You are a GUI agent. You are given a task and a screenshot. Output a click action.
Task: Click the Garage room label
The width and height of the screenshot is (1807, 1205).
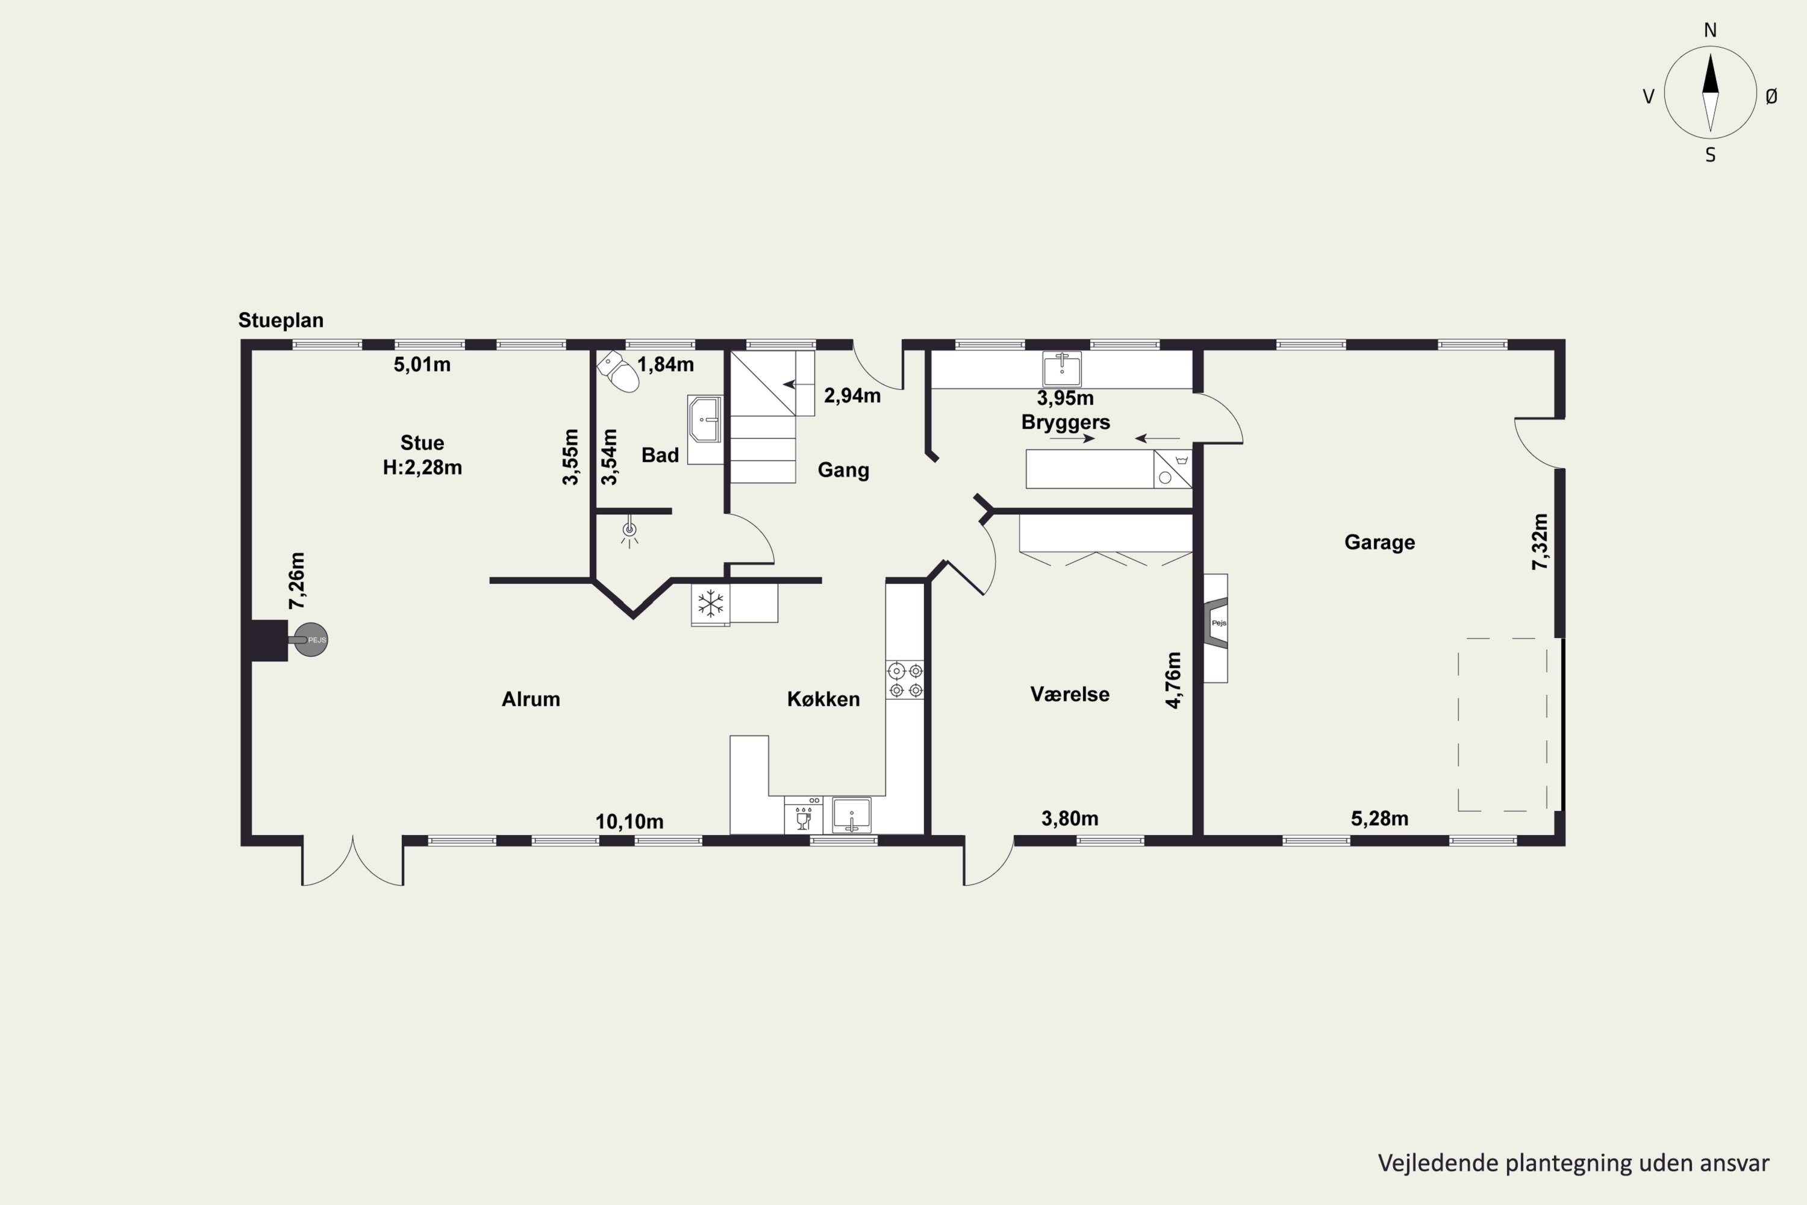click(1379, 543)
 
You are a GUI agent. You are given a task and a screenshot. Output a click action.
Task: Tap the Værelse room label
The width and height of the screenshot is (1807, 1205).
click(1070, 694)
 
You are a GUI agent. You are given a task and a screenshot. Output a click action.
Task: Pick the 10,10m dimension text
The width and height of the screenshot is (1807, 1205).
click(629, 822)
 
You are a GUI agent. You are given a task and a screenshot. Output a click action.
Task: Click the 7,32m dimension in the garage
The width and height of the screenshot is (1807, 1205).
click(1540, 542)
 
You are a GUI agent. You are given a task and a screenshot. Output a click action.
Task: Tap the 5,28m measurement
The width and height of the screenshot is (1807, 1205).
click(1380, 818)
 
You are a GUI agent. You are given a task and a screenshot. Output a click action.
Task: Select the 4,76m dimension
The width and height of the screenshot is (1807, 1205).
click(1173, 680)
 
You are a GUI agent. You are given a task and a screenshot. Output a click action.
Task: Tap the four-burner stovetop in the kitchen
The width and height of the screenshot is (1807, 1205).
click(905, 680)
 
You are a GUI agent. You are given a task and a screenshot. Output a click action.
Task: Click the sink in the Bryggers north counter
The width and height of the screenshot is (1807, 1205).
click(1062, 369)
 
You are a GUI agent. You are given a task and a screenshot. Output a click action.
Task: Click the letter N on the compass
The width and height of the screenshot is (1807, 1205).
click(1710, 30)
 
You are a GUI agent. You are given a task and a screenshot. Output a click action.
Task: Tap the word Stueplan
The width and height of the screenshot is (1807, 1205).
click(281, 320)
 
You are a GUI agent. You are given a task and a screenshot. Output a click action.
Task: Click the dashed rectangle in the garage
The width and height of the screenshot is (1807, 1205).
click(1503, 725)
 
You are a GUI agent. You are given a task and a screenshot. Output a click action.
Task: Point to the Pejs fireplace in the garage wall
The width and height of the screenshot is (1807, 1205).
click(1216, 628)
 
